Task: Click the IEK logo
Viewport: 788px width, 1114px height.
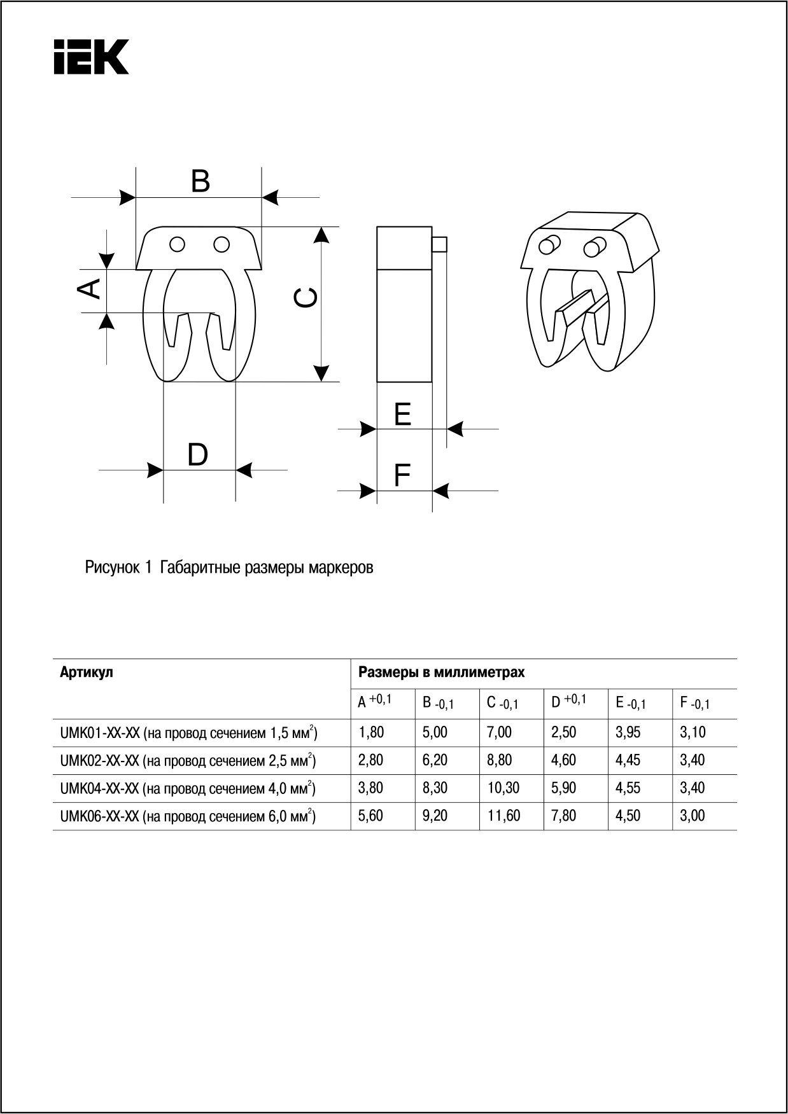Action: coord(92,57)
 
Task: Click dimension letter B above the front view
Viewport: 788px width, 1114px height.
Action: coord(201,181)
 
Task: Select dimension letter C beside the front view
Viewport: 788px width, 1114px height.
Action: coord(306,298)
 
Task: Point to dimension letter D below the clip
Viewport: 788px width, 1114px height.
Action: coord(197,456)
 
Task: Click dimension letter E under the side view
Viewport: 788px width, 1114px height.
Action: coord(402,415)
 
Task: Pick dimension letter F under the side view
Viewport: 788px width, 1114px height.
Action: coord(402,475)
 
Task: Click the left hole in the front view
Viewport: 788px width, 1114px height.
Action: coord(178,244)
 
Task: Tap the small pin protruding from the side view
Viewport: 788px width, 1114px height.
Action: coord(440,244)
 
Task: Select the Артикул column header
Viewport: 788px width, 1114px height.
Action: coord(87,672)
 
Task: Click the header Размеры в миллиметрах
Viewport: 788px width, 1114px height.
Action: coord(442,672)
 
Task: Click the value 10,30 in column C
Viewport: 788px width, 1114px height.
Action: coord(503,788)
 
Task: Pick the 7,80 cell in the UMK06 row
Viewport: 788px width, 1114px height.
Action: coord(563,816)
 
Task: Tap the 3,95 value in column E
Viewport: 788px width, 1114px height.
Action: coord(628,732)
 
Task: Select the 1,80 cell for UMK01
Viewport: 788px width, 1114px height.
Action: coord(371,732)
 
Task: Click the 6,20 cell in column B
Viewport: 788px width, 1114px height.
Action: coord(435,760)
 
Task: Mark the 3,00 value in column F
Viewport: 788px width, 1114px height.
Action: coord(693,816)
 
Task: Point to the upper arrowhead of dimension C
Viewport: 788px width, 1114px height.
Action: coord(322,235)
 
